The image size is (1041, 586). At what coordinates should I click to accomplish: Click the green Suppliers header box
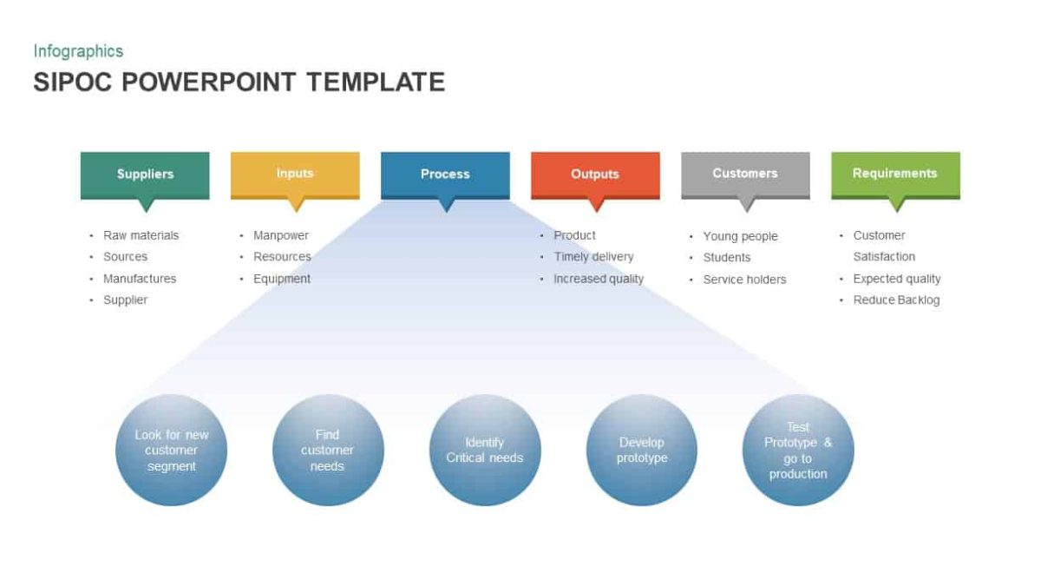point(145,174)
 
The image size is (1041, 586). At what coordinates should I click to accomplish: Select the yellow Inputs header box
point(295,174)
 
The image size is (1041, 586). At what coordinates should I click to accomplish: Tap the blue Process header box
point(445,174)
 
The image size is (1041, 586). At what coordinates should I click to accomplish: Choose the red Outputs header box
point(595,174)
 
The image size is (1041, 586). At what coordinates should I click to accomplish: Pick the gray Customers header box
point(745,174)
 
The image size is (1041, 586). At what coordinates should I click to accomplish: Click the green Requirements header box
point(895,174)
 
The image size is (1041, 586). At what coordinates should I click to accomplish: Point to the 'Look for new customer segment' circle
point(171,450)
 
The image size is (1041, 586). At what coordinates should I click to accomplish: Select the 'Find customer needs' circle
point(328,450)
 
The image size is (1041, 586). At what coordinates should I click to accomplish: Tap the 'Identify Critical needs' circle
point(485,450)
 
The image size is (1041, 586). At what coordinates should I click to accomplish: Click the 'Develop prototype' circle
point(642,450)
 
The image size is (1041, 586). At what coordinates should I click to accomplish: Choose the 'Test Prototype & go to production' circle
point(798,450)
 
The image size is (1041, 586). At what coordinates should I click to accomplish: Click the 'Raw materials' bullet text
point(141,235)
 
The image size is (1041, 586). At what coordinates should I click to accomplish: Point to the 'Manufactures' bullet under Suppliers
point(140,279)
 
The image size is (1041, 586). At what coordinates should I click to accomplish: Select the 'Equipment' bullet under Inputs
point(282,279)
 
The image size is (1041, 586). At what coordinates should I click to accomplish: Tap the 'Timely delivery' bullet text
point(593,257)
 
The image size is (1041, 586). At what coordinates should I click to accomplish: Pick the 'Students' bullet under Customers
point(727,258)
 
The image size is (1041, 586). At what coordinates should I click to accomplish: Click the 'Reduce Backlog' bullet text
point(896,300)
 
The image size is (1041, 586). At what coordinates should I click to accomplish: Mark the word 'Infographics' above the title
point(78,51)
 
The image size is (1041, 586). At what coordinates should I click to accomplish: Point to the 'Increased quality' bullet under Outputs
point(599,279)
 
